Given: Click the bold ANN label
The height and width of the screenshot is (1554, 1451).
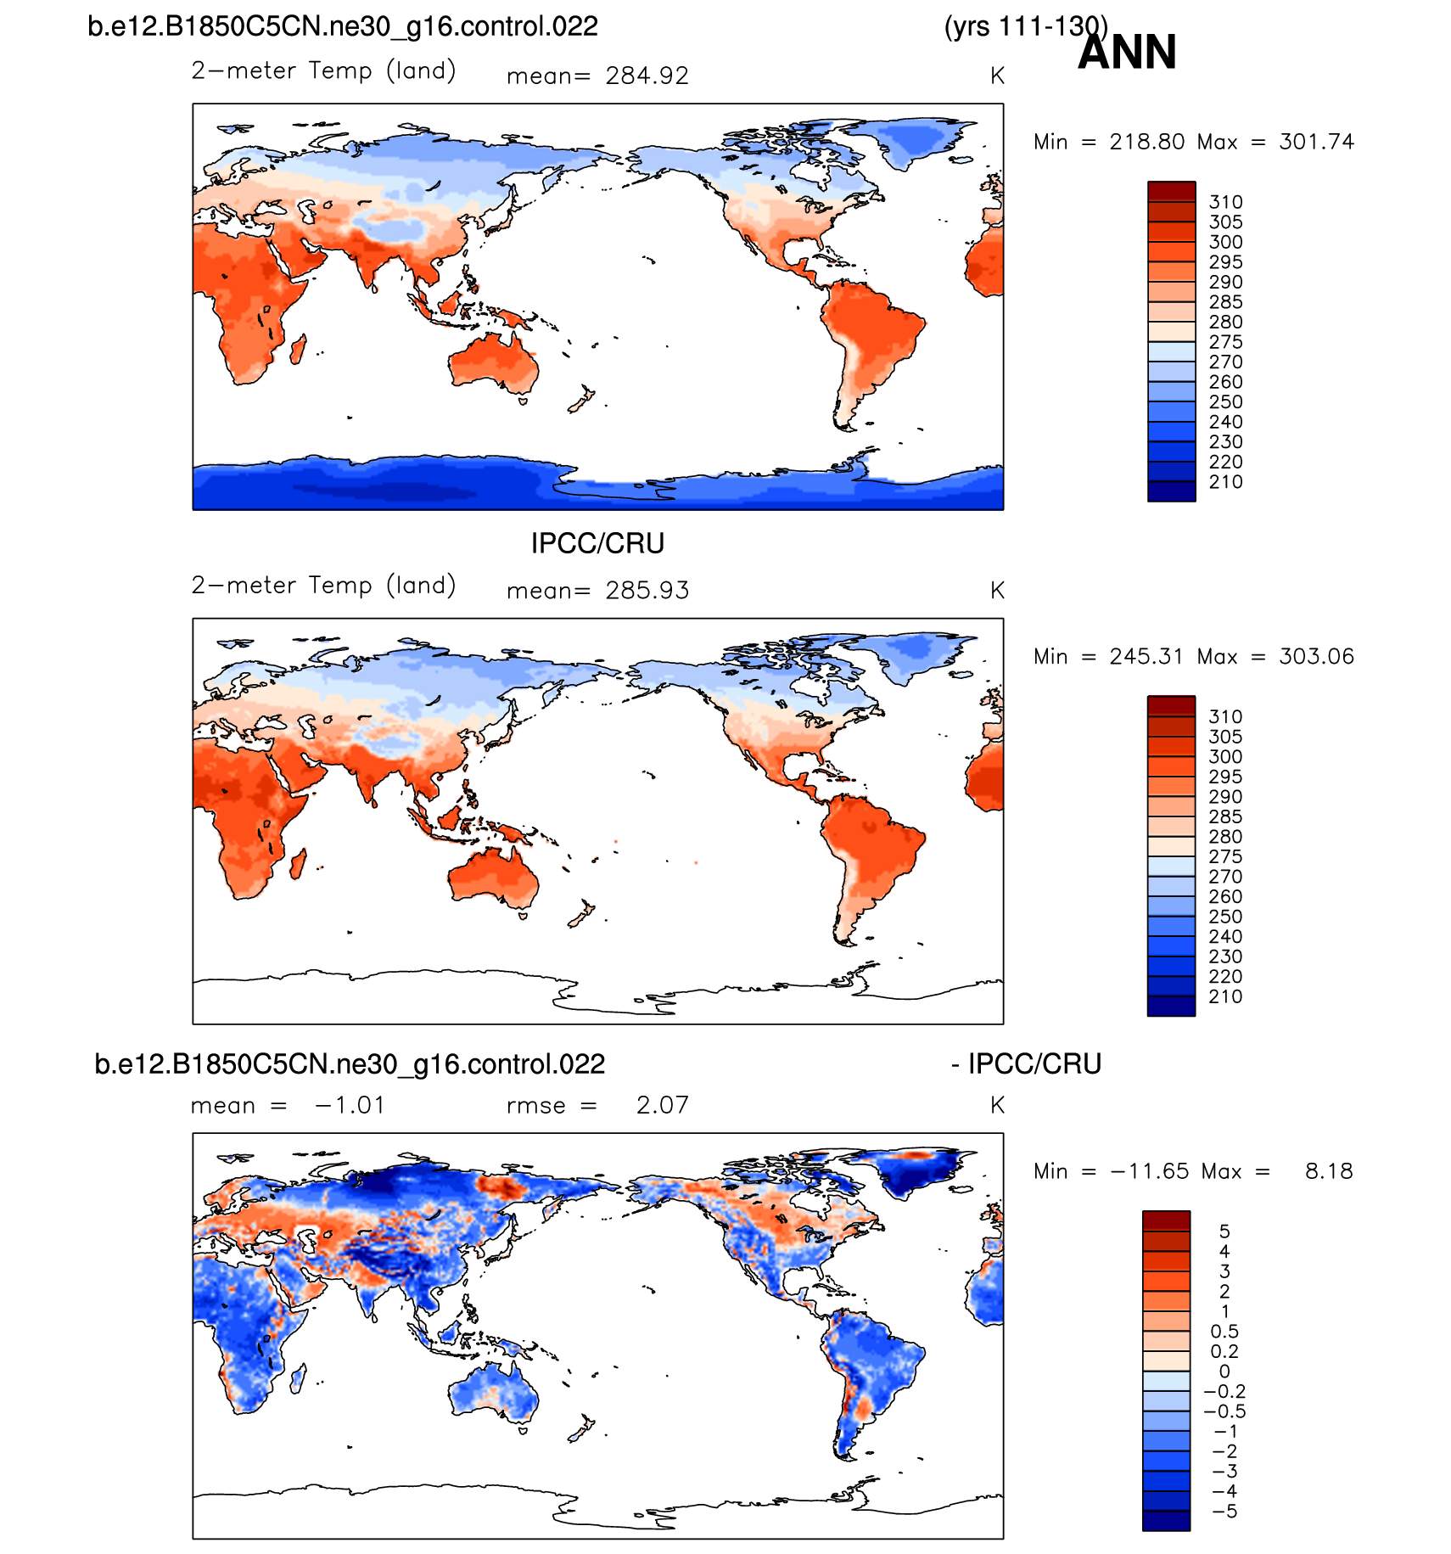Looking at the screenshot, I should coord(1127,53).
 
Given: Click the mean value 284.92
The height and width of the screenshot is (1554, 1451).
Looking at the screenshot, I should coord(647,76).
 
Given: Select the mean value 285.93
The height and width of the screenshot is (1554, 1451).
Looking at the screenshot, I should coord(647,591).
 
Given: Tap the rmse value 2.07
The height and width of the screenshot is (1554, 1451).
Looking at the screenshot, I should coord(662,1105).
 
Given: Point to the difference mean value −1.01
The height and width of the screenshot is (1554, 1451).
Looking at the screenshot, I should coord(350,1105).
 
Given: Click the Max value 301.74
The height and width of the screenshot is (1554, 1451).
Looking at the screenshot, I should coord(1316,142).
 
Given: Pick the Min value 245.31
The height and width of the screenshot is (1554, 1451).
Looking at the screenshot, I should coord(1146,656).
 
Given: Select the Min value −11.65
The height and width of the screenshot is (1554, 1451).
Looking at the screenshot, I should coord(1146,1171).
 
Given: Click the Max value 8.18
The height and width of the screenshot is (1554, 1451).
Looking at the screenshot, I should coord(1329,1171).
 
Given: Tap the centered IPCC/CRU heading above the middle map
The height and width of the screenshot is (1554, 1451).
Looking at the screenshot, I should coord(597,543).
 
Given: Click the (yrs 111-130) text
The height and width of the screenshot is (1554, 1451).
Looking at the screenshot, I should coord(1025,26).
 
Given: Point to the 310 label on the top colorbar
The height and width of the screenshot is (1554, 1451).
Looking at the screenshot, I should coord(1225,202).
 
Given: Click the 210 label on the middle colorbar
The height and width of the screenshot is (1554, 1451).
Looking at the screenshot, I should coord(1225,996).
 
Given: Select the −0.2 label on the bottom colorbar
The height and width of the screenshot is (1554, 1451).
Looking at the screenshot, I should coord(1224,1392).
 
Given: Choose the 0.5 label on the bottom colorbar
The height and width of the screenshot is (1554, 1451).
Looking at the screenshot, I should coord(1224,1332).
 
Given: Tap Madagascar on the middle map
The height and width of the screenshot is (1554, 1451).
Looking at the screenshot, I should coord(298,865).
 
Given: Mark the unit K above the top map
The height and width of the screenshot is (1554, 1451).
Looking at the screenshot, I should coord(997,76).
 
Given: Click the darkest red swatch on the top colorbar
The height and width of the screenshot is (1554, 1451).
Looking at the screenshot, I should coord(1171,191).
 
